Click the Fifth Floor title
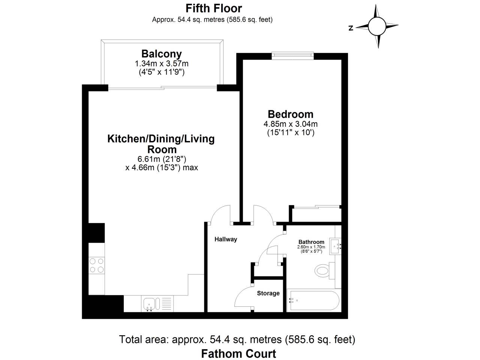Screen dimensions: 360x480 click(214, 8)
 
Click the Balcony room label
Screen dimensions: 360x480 click(161, 54)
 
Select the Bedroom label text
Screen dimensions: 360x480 click(290, 114)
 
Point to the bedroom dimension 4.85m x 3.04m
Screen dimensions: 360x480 click(290, 124)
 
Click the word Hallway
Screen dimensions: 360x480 click(226, 239)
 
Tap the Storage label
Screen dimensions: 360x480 click(268, 293)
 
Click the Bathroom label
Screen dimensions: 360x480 click(311, 242)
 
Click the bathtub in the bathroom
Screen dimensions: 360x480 click(313, 300)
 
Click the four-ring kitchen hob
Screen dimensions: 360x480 click(96, 265)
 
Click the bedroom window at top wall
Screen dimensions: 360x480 click(292, 55)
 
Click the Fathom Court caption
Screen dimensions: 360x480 click(238, 354)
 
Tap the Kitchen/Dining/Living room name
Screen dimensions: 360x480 click(161, 144)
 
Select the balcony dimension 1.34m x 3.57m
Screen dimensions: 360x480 click(161, 64)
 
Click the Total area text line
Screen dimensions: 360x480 click(237, 340)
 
